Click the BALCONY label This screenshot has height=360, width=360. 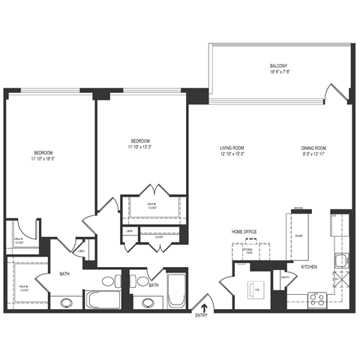pyautogui.click(x=278, y=66)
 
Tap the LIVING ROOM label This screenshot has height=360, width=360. pyautogui.click(x=232, y=147)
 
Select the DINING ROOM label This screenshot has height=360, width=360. pyautogui.click(x=313, y=147)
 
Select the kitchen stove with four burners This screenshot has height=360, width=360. pyautogui.click(x=316, y=298)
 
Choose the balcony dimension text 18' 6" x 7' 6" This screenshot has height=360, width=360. pyautogui.click(x=278, y=73)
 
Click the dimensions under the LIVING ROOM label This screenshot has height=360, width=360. pyautogui.click(x=232, y=154)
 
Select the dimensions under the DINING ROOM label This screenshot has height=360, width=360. pyautogui.click(x=313, y=154)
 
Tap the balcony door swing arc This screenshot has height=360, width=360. pyautogui.click(x=330, y=95)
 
